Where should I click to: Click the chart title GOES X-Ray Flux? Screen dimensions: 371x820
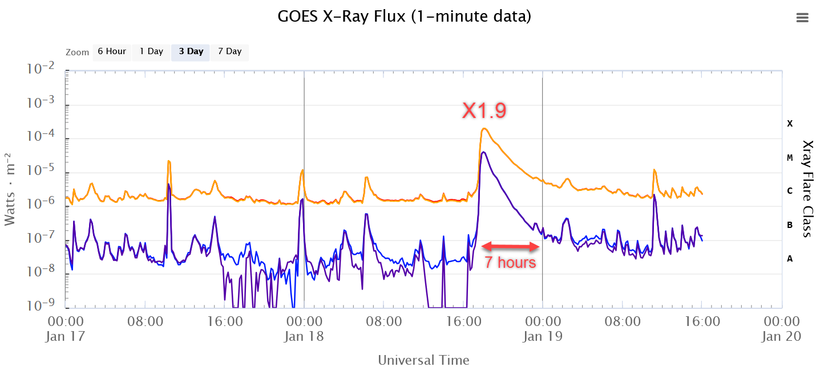[x=404, y=17]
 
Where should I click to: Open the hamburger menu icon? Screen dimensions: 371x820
[x=802, y=18]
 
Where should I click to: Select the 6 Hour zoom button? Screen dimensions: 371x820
[x=112, y=51]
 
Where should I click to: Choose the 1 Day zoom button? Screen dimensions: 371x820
[x=151, y=51]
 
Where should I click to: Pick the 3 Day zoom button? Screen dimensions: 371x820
[x=191, y=51]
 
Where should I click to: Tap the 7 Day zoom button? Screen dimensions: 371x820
[x=229, y=51]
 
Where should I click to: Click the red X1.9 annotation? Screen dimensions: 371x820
[x=484, y=111]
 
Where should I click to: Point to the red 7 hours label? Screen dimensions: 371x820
[x=510, y=262]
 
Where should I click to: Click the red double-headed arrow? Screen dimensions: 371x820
[x=511, y=246]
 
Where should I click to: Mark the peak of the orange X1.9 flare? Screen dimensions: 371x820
[x=484, y=129]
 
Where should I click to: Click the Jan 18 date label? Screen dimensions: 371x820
[x=304, y=336]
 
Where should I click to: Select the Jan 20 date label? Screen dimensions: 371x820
[x=781, y=336]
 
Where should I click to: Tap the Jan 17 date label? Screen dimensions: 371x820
[x=65, y=336]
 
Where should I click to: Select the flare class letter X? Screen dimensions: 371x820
[x=790, y=123]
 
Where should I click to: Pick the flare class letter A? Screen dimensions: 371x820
[x=790, y=259]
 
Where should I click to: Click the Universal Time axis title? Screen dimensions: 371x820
[x=423, y=360]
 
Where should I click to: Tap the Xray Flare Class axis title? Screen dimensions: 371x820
[x=807, y=189]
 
